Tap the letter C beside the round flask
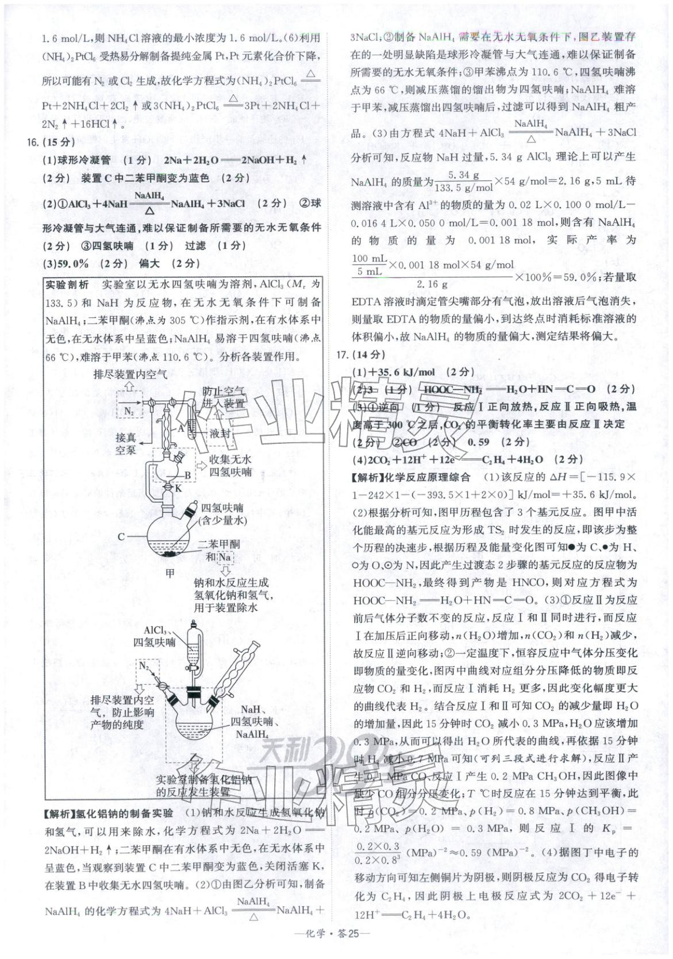tap(122, 537)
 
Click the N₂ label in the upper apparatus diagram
tap(130, 411)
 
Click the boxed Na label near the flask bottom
tap(224, 557)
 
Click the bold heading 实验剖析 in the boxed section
tap(67, 285)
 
